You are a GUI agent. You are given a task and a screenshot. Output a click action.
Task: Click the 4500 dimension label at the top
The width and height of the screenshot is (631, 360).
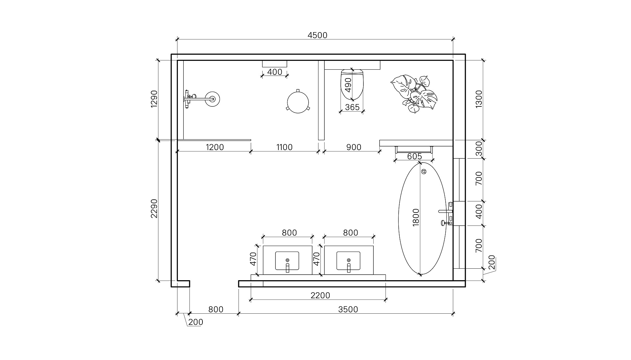[317, 35]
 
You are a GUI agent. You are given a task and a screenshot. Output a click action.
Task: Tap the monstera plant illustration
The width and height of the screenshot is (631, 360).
[414, 94]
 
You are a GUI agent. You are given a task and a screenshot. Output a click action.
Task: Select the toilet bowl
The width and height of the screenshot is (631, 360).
[352, 84]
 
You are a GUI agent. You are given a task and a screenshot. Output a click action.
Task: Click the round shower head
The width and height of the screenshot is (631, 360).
[212, 99]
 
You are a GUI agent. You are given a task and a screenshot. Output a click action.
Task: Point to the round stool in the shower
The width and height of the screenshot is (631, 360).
[298, 102]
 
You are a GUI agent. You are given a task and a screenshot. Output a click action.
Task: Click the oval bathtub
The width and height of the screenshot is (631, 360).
[422, 218]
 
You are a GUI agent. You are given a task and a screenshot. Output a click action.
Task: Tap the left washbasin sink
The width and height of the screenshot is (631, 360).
[287, 261]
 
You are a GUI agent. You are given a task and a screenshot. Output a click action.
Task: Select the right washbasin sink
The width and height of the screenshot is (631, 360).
[348, 261]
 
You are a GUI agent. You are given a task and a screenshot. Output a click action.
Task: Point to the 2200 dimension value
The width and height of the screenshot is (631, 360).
[320, 296]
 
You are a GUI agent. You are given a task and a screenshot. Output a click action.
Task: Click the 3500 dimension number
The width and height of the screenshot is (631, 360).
[348, 309]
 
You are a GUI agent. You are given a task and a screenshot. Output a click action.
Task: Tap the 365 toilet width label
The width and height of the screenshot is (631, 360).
[352, 107]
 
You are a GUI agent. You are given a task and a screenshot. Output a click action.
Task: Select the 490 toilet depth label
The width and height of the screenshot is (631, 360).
[348, 84]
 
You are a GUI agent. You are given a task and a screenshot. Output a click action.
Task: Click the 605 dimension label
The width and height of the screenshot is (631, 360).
[414, 156]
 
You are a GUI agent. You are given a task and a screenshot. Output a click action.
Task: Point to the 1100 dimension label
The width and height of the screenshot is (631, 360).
[284, 147]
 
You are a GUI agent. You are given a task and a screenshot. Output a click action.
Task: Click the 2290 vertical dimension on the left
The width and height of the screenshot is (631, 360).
[154, 209]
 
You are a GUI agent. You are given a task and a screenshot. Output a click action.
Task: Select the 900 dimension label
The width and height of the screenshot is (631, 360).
[354, 147]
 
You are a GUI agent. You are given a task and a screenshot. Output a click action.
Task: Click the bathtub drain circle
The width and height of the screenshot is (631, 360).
[424, 171]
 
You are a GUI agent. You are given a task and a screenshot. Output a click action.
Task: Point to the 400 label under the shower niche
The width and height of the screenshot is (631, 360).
[275, 72]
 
